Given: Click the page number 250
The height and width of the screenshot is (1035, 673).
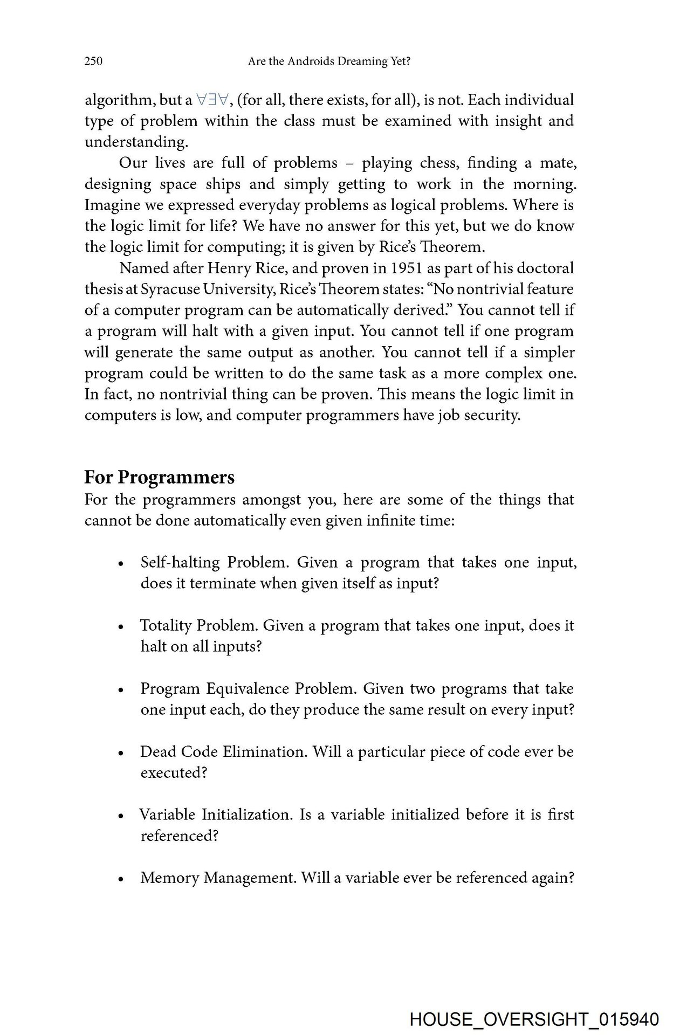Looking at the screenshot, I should coord(93,61).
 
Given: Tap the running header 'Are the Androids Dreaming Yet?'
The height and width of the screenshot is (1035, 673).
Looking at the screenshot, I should coord(329,62).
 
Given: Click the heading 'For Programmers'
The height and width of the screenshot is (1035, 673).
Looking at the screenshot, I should coord(160,478).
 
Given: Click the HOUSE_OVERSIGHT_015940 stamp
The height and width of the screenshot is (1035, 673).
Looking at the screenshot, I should coord(534,1019).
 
